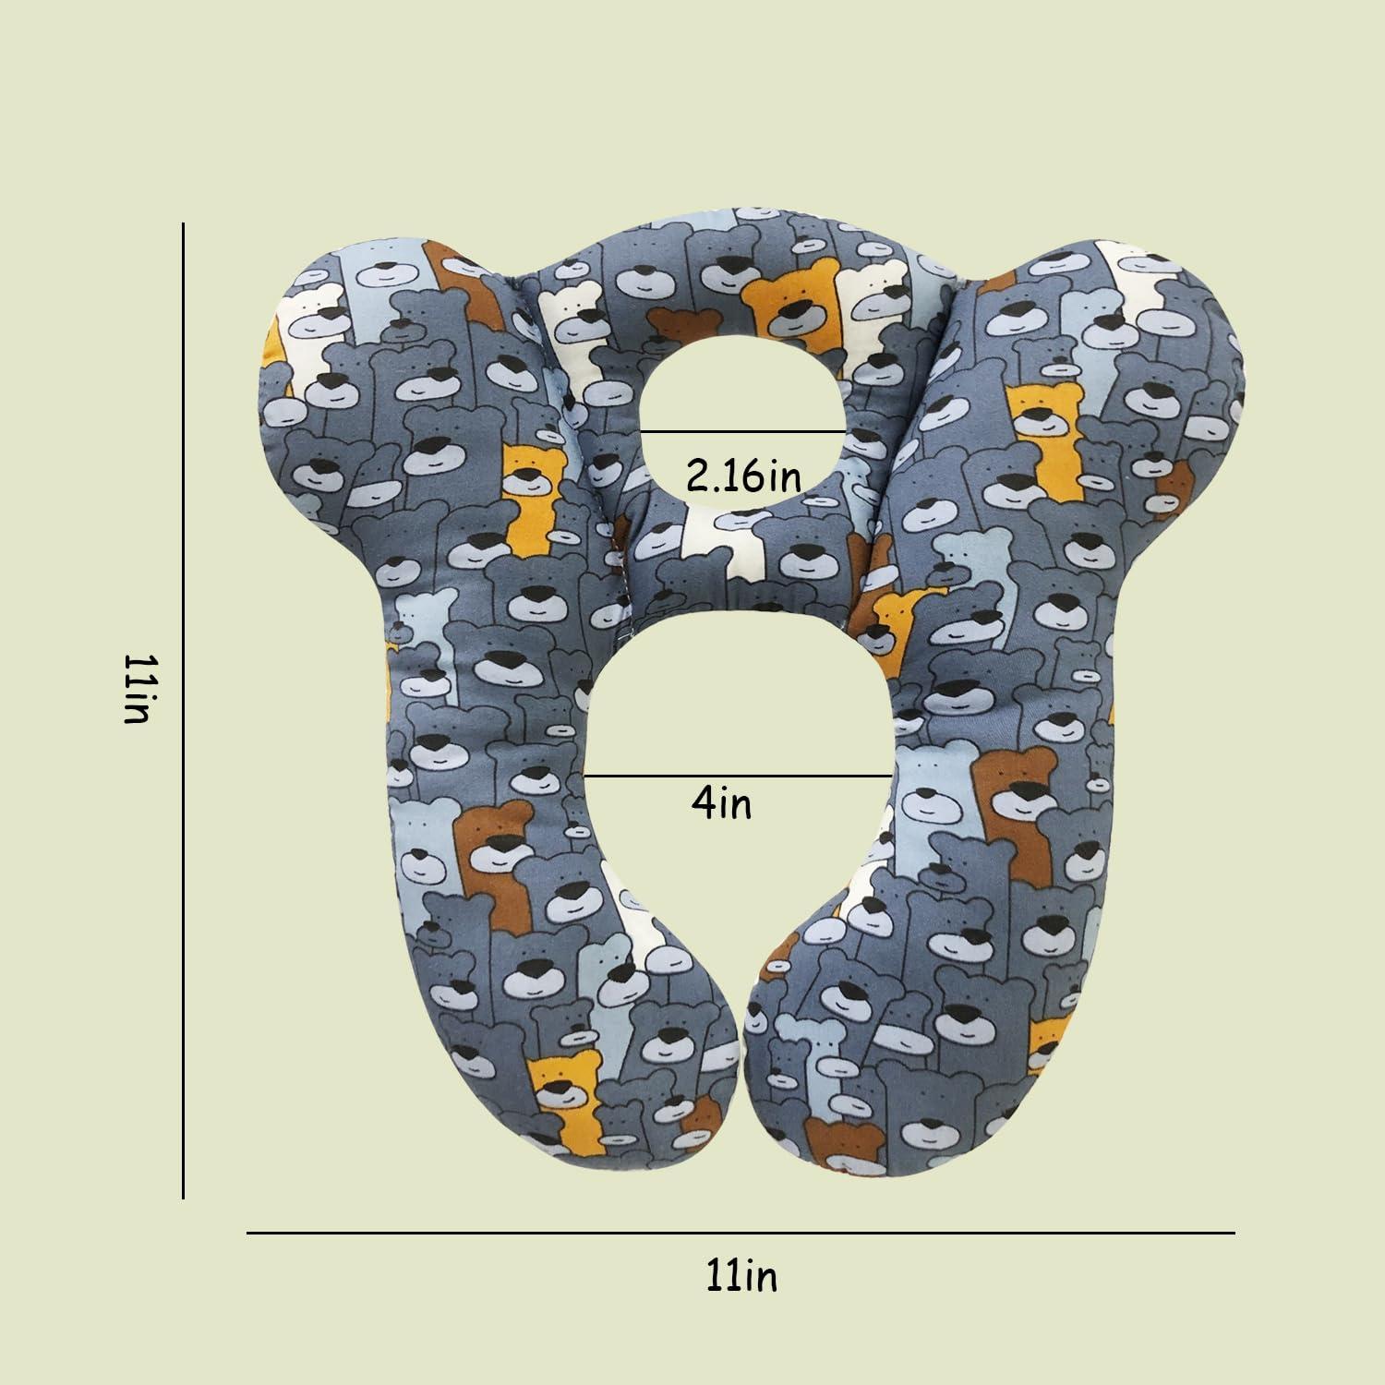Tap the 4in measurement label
coord(721,803)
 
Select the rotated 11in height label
coord(136,689)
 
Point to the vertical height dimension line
coord(184,710)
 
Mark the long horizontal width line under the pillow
coord(741,1232)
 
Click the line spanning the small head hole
coord(743,431)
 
